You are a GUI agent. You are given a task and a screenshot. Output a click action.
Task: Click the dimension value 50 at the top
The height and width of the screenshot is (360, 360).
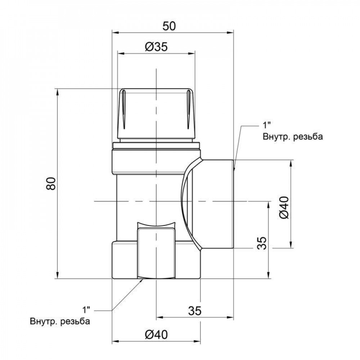(x=169, y=26)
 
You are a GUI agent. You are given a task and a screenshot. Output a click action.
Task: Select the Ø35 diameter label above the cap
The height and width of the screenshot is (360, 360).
(x=156, y=47)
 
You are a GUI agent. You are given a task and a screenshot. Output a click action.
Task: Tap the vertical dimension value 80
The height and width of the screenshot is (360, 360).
(x=51, y=184)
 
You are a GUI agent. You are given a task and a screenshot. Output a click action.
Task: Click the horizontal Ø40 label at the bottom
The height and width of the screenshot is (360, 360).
(x=156, y=334)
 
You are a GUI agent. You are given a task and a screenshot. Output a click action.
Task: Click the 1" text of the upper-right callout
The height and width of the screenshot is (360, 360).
(x=267, y=125)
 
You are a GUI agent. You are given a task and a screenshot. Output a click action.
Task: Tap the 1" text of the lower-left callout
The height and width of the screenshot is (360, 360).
(x=86, y=310)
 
